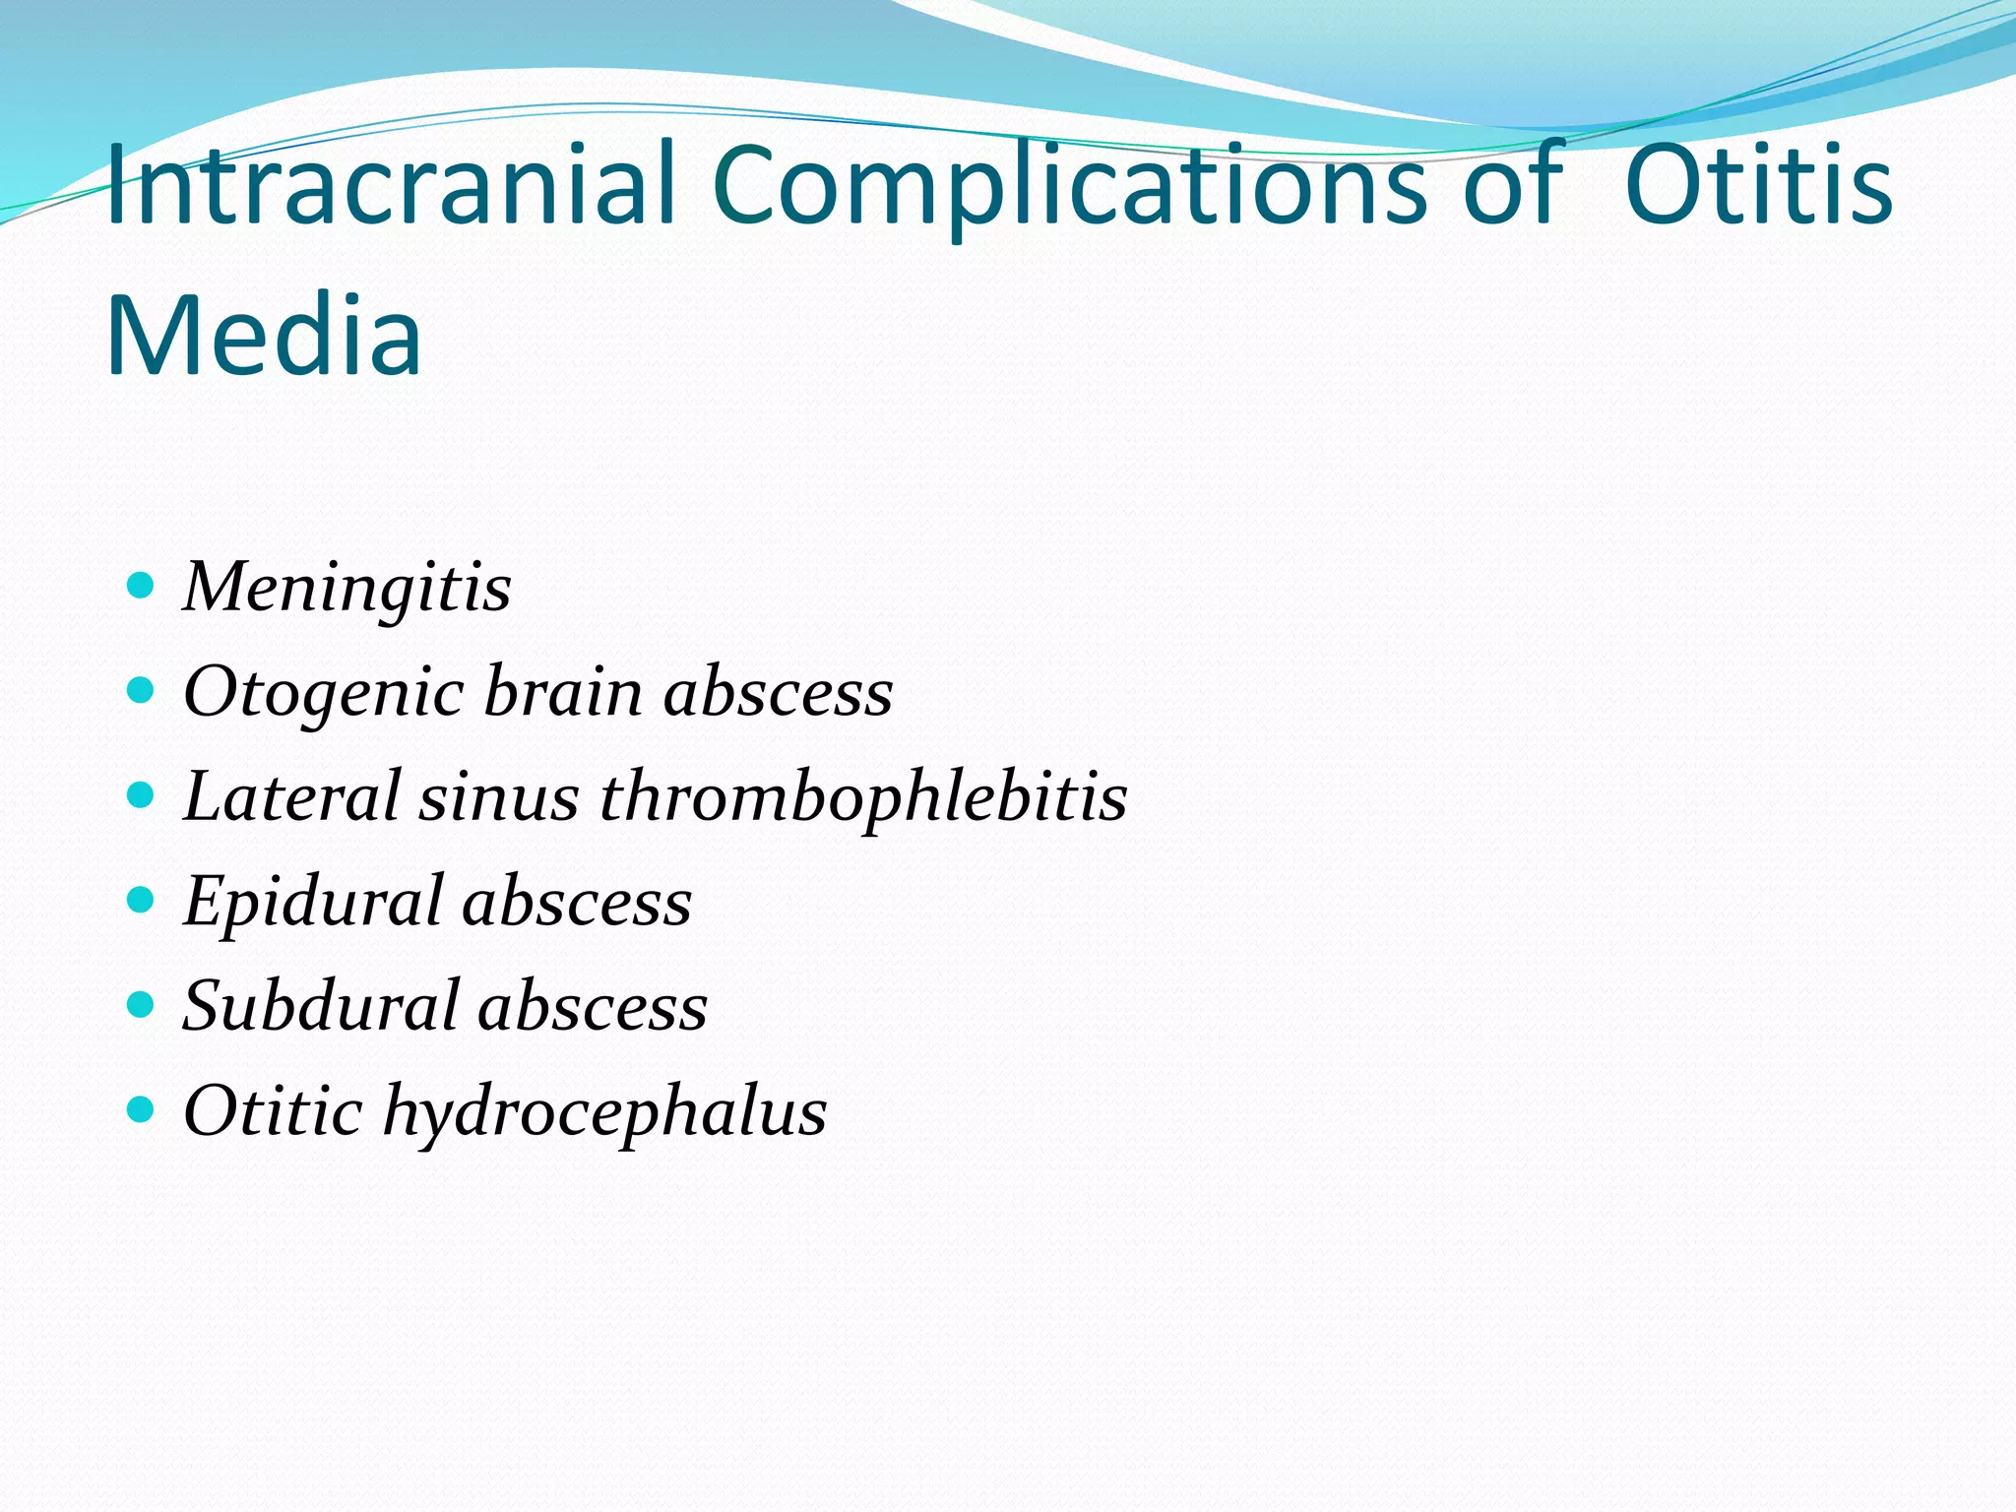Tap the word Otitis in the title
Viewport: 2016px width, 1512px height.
(x=1758, y=185)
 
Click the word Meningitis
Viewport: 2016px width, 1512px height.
(x=346, y=587)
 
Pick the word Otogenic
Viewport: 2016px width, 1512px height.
(x=324, y=693)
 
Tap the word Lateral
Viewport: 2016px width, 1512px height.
(x=291, y=796)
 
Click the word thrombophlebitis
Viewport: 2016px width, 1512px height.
(x=863, y=798)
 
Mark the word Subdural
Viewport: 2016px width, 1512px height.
(x=321, y=1006)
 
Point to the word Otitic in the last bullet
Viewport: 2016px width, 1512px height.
(x=273, y=1111)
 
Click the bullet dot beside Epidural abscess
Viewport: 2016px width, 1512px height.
(x=142, y=900)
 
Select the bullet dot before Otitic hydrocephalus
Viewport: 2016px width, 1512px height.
(x=142, y=1109)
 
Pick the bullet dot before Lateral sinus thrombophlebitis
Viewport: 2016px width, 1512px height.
(x=142, y=794)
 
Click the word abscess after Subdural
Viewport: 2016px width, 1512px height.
(x=593, y=1007)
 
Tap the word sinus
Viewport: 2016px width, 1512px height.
(x=499, y=797)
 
